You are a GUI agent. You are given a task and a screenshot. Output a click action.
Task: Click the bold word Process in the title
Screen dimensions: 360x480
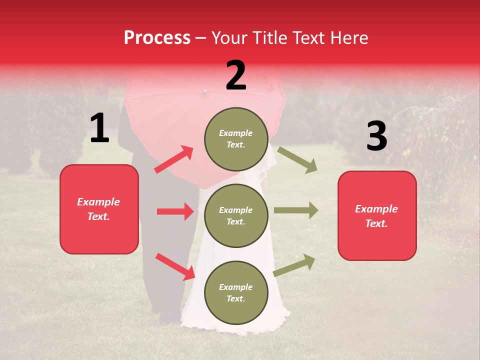tap(157, 38)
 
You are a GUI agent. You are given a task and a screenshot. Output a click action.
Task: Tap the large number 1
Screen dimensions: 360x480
tap(99, 128)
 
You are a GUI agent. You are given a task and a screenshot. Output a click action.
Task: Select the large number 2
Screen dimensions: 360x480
tap(236, 75)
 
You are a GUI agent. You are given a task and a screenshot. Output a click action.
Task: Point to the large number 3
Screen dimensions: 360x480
tap(376, 136)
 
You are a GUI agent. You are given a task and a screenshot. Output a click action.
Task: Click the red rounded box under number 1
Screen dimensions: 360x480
tap(99, 209)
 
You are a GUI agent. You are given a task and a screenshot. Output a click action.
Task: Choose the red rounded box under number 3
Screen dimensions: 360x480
tap(377, 216)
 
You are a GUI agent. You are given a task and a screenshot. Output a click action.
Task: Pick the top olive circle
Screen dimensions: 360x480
tap(236, 139)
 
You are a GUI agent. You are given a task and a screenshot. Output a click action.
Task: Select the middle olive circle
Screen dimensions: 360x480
tap(236, 216)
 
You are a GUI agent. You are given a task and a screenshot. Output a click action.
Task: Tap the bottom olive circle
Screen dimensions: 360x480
tap(236, 293)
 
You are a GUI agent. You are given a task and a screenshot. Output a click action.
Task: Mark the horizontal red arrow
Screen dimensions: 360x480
tap(175, 211)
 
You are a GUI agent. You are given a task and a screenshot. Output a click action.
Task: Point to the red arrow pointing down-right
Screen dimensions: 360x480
tap(175, 266)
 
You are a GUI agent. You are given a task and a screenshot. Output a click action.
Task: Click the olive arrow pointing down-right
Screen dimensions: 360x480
tap(297, 159)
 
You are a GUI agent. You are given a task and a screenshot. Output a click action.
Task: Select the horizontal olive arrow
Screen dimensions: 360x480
tap(296, 210)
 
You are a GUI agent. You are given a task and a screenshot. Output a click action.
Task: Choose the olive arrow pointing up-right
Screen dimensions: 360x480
tap(294, 265)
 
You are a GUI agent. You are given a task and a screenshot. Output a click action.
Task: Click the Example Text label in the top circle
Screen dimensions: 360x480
tap(236, 139)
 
